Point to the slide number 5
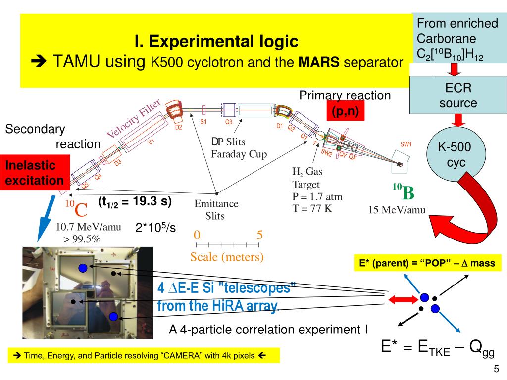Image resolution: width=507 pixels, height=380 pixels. [x=496, y=369]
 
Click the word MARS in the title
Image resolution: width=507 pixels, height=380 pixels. [x=319, y=63]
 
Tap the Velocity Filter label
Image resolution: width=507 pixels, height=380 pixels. [x=134, y=119]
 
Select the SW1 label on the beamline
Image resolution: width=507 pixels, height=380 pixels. [x=406, y=144]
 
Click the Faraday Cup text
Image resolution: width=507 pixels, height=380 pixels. [x=239, y=154]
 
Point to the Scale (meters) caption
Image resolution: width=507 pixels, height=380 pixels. [x=227, y=257]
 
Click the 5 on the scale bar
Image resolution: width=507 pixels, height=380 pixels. [x=260, y=235]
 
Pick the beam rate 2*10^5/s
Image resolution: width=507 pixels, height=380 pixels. [x=156, y=227]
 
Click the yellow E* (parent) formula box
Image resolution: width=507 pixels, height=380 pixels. [x=427, y=263]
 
